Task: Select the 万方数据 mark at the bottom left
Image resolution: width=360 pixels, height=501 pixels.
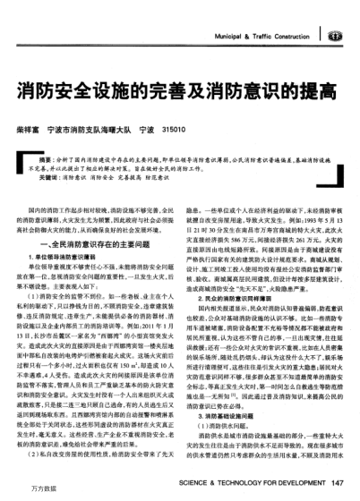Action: pyautogui.click(x=21, y=493)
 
